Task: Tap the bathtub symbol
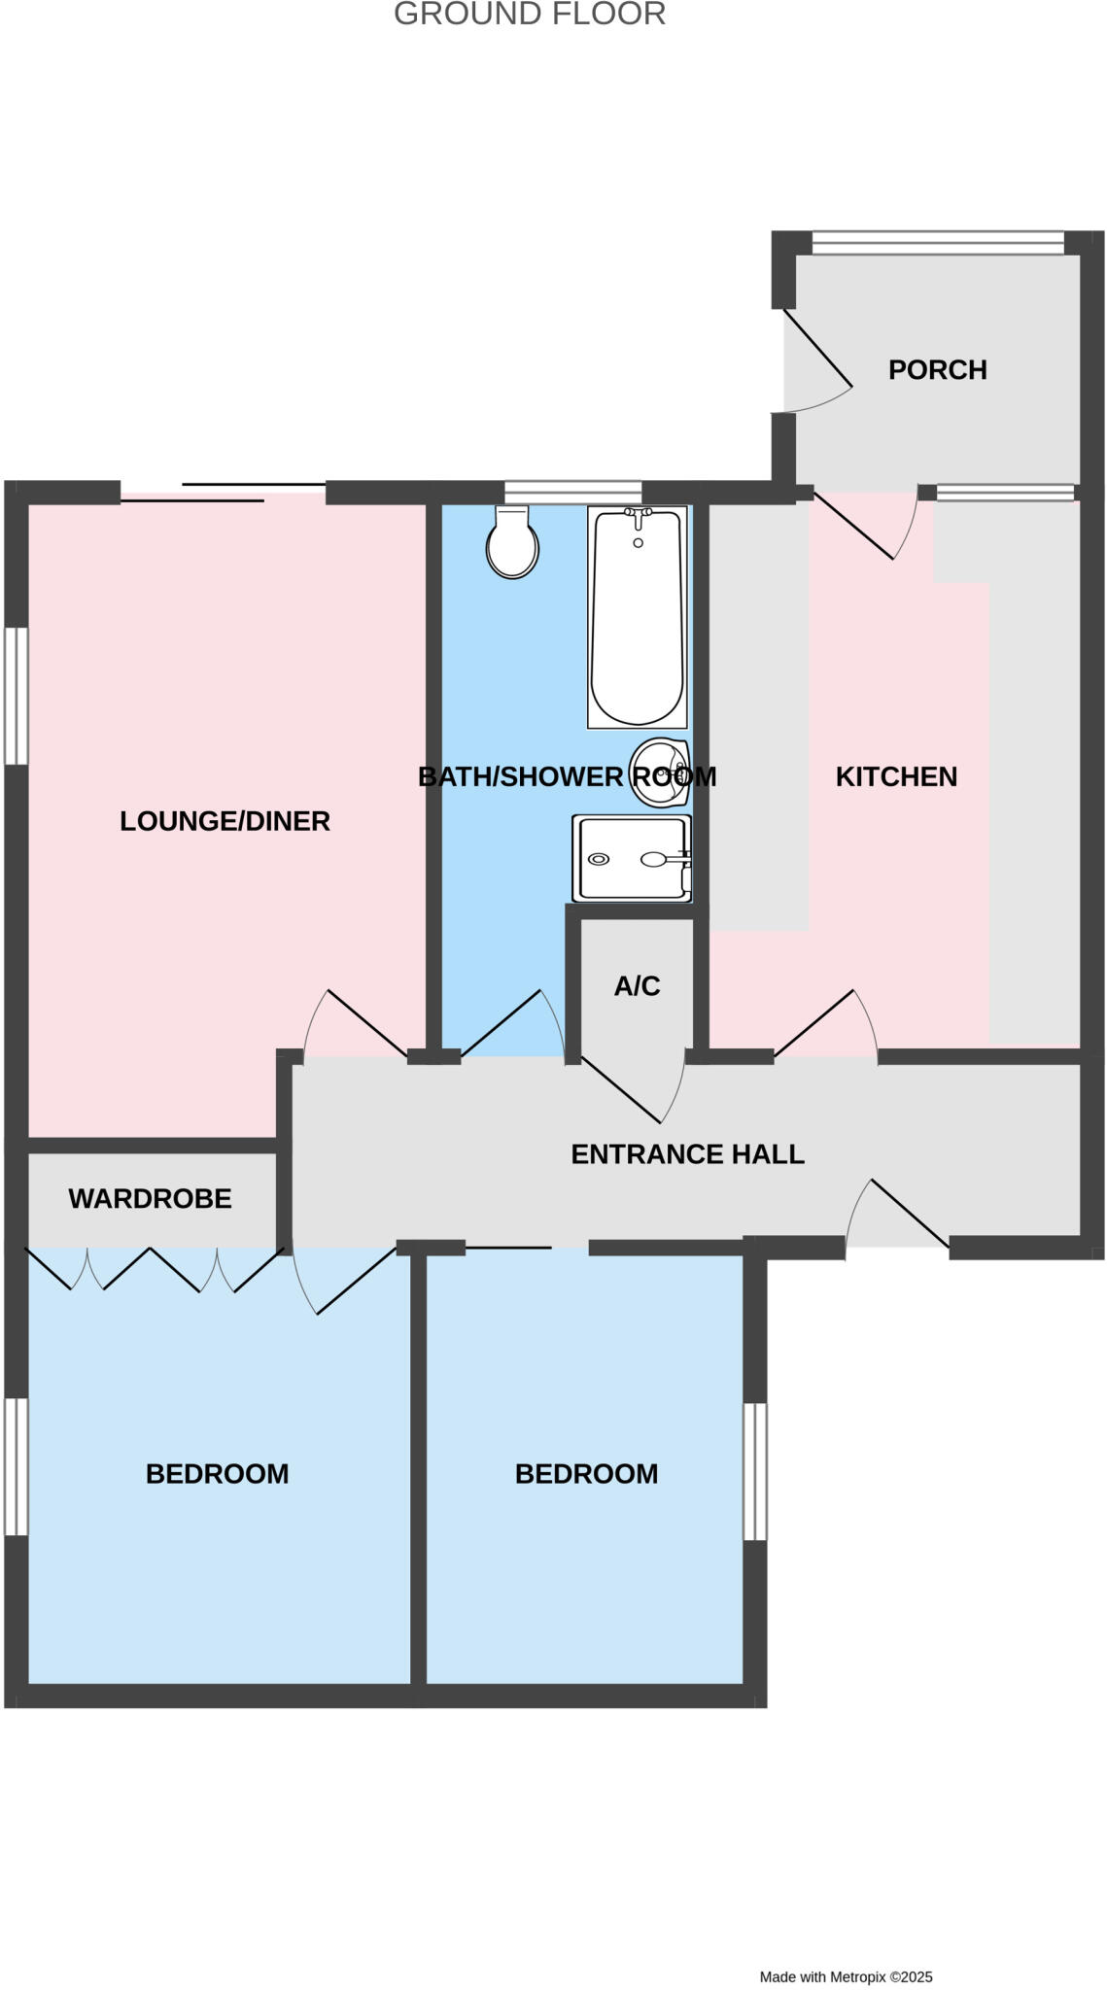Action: [637, 618]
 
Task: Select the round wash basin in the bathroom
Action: [659, 772]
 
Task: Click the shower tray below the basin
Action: [632, 858]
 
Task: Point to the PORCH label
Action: [937, 369]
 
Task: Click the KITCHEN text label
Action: [896, 776]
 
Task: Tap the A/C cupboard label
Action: [637, 986]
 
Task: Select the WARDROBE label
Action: [150, 1198]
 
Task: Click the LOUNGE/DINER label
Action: [225, 821]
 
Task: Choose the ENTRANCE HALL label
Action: [687, 1154]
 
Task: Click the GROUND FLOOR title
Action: [530, 15]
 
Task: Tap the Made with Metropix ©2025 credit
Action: [846, 1976]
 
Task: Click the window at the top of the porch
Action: [938, 242]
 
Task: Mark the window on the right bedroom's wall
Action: [755, 1471]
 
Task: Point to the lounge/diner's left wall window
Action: [16, 696]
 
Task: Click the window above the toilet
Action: [573, 492]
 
